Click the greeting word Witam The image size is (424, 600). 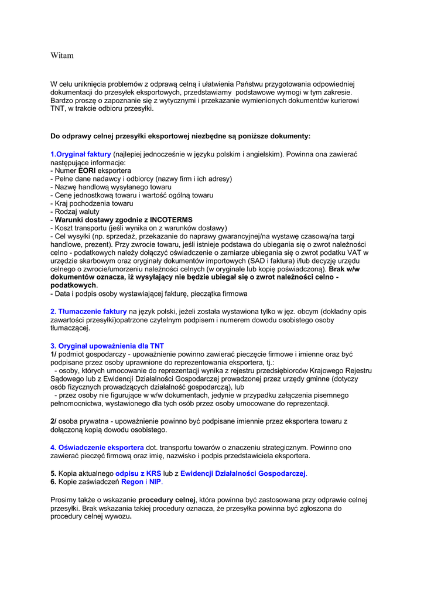[x=62, y=56]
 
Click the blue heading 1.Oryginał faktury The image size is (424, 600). [x=81, y=154]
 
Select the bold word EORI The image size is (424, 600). [x=87, y=171]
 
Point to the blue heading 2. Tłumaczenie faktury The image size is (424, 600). [x=88, y=311]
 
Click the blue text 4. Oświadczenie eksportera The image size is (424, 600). [x=97, y=448]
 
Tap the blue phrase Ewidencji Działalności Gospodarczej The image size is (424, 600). [x=243, y=473]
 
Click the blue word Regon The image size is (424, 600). [x=132, y=482]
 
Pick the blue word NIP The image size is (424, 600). [x=155, y=482]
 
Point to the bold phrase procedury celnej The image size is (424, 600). [x=167, y=500]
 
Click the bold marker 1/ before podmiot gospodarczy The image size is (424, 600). [x=53, y=354]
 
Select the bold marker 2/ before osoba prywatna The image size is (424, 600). [x=53, y=421]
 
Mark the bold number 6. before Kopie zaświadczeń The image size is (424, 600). [x=53, y=482]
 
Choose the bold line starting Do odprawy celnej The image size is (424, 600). [x=180, y=136]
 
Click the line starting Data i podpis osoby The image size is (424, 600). [x=149, y=293]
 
